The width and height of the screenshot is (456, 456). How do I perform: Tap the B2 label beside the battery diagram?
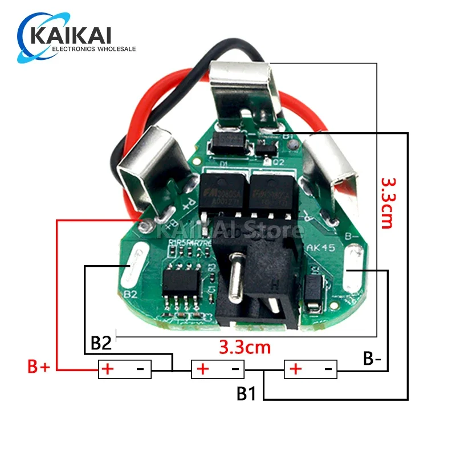click(x=101, y=344)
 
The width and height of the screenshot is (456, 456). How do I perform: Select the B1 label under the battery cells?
click(x=246, y=394)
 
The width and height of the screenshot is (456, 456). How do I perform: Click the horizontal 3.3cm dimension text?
click(x=245, y=347)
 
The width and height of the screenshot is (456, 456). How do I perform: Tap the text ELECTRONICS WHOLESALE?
click(x=93, y=50)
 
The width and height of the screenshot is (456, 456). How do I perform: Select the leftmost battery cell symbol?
click(x=125, y=369)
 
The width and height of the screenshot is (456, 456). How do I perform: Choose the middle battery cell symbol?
click(x=217, y=369)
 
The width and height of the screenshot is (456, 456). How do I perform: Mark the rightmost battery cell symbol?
click(x=311, y=369)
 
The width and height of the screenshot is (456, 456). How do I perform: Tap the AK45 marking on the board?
click(x=320, y=248)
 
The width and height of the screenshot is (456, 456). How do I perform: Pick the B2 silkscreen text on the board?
click(x=131, y=295)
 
